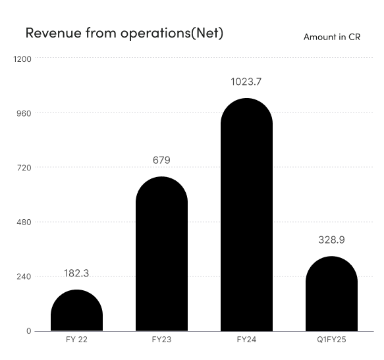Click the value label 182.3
[x=77, y=272]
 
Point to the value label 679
[x=161, y=160]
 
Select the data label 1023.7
[x=246, y=82]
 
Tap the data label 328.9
[x=331, y=240]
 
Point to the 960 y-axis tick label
[x=24, y=113]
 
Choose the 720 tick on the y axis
[x=24, y=168]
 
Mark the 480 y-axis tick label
[x=24, y=222]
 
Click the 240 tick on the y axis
[x=24, y=277]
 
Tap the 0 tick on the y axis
[x=28, y=331]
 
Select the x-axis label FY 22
[x=77, y=340]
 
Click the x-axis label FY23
[x=161, y=340]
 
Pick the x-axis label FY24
[x=246, y=340]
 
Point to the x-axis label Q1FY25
[x=331, y=340]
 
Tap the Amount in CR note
[x=331, y=37]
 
